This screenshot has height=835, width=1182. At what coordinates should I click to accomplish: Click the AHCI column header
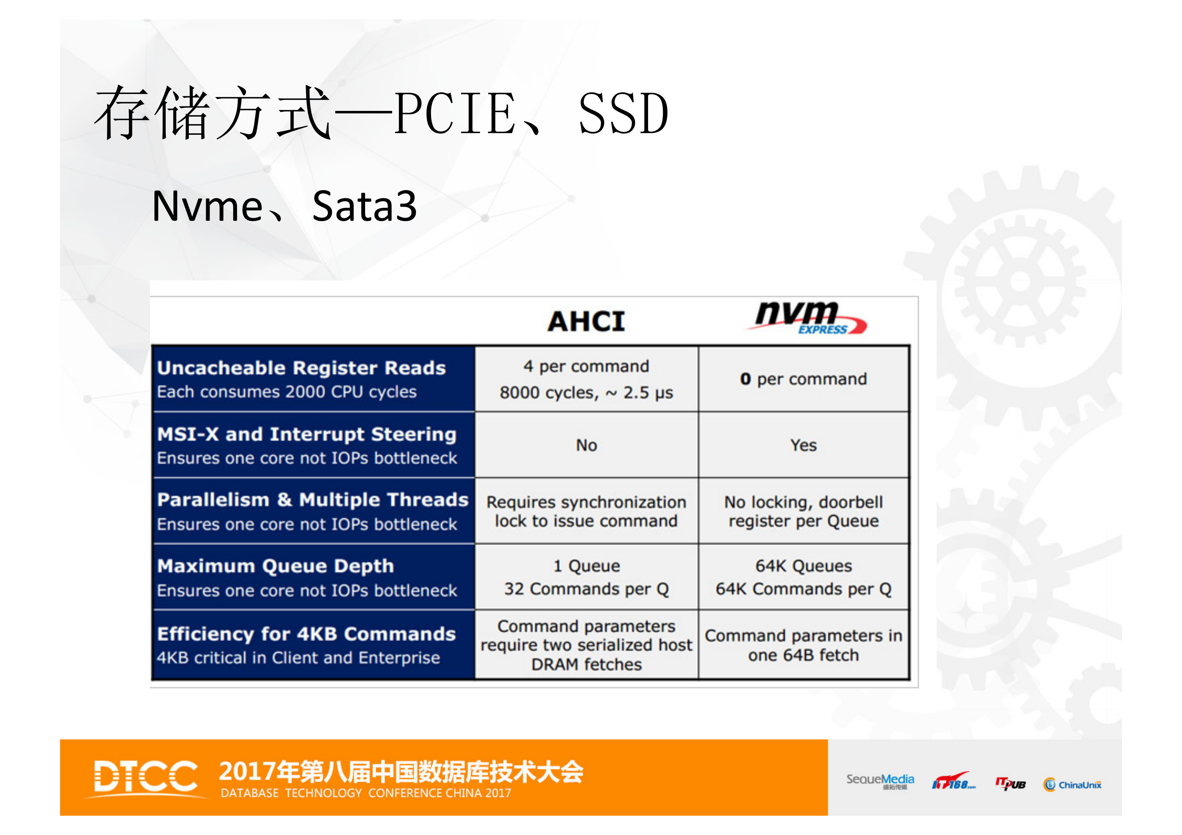(x=586, y=322)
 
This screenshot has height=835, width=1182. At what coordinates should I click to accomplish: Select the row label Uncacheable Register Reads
(x=302, y=368)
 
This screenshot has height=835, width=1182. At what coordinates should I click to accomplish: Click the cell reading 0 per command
(x=803, y=379)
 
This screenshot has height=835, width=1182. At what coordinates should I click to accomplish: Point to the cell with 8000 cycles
(x=586, y=393)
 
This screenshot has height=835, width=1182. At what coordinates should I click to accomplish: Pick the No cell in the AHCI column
(x=586, y=445)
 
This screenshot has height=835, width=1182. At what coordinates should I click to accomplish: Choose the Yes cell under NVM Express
(x=803, y=445)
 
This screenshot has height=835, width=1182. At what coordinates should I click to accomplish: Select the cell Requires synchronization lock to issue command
(x=586, y=511)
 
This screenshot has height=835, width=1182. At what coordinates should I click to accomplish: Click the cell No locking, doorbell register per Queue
(x=803, y=511)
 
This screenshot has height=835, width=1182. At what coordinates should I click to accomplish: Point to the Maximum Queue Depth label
(x=276, y=566)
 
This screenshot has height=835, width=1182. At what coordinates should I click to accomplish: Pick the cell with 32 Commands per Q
(x=586, y=589)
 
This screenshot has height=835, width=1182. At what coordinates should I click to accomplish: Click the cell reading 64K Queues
(x=803, y=566)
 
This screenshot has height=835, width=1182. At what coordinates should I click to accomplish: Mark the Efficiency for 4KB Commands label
(x=307, y=634)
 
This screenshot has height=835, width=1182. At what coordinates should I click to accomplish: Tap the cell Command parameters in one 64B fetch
(x=803, y=645)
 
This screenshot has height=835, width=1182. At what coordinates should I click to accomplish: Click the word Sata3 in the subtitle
(x=364, y=206)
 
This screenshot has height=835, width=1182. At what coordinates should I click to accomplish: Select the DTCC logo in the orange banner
(x=146, y=777)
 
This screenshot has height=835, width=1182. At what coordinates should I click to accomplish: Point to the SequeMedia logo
(x=880, y=781)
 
